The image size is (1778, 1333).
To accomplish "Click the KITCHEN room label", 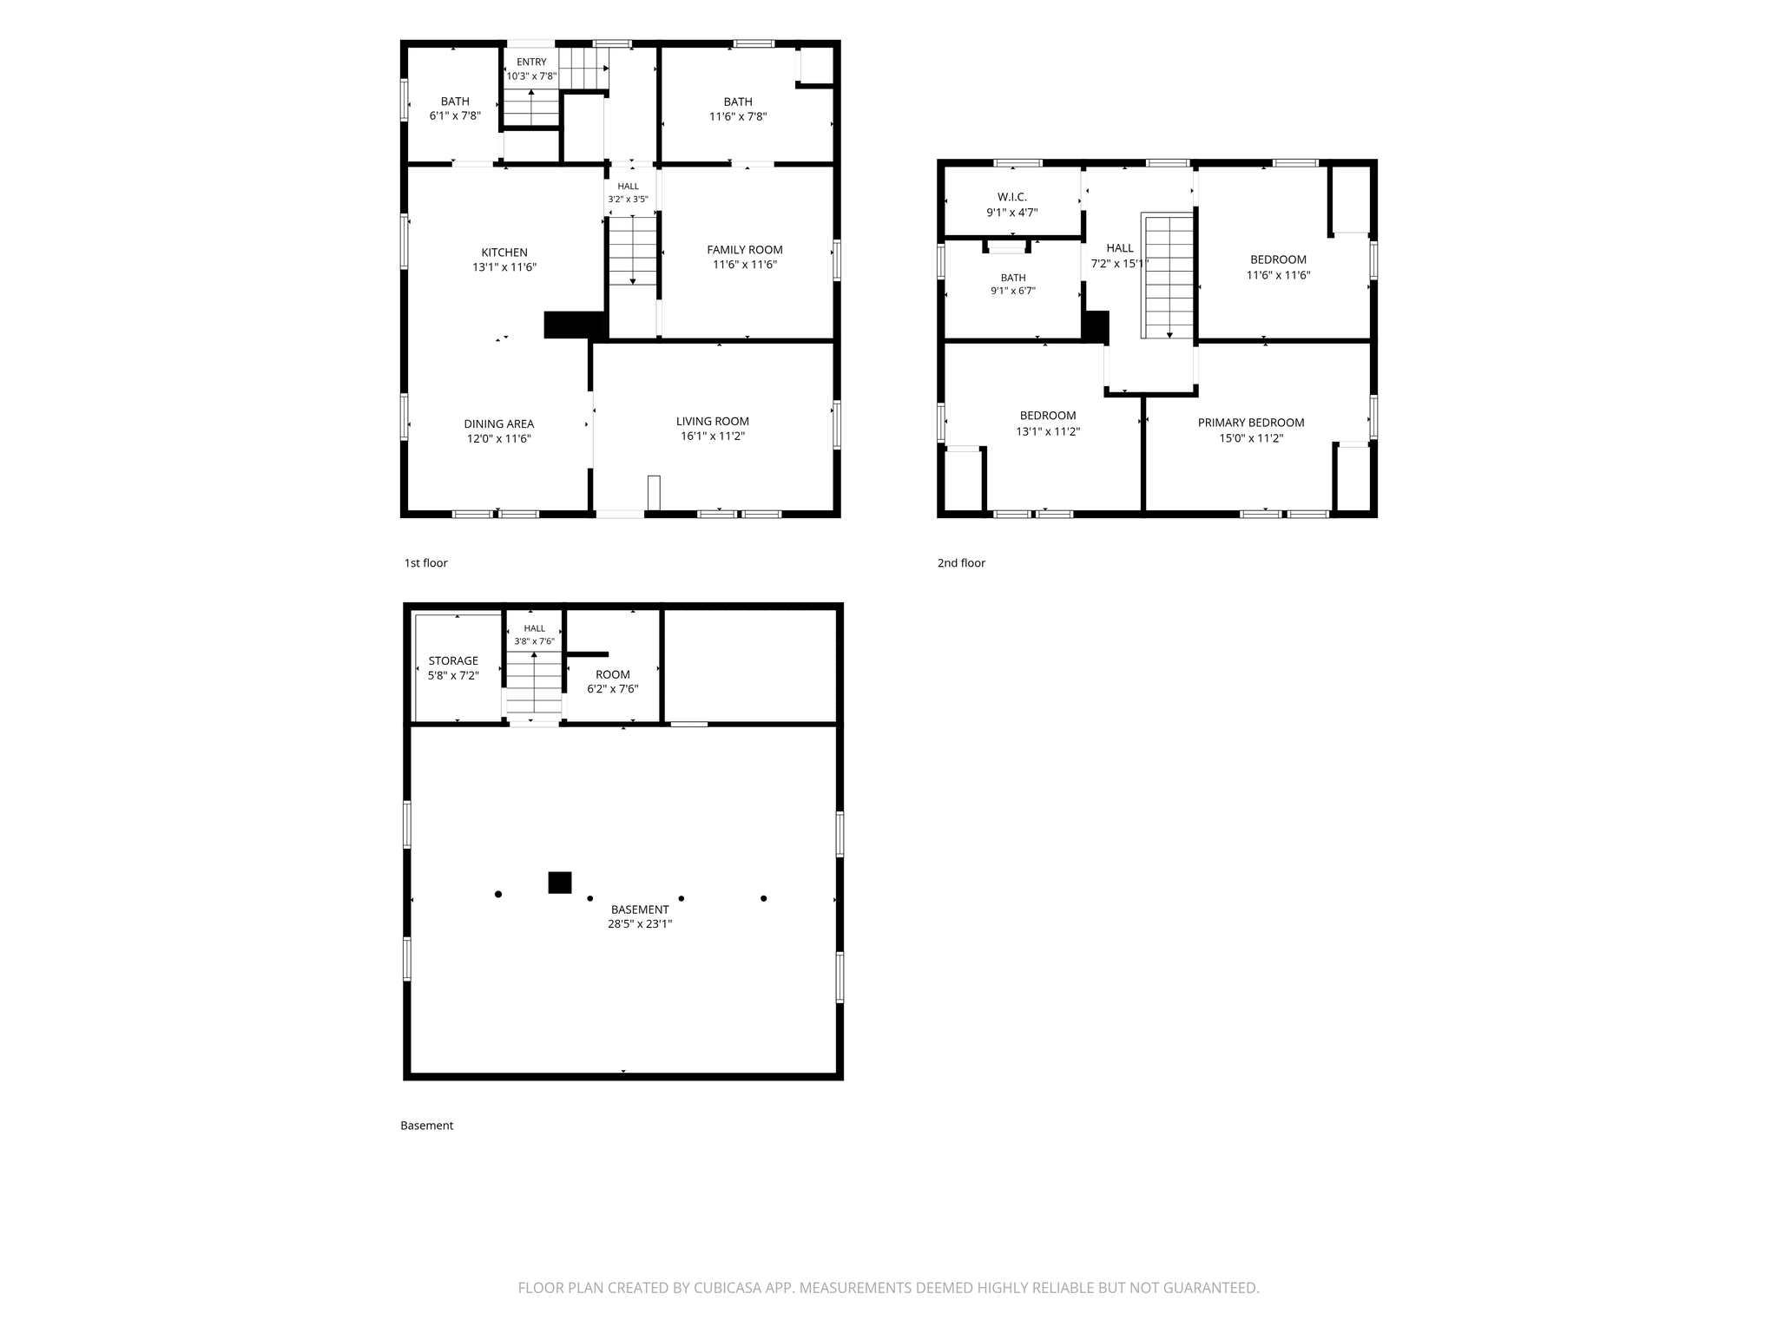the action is (504, 253).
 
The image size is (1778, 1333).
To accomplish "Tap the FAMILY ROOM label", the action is (745, 250).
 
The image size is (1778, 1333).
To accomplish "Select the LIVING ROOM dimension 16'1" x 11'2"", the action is (713, 437).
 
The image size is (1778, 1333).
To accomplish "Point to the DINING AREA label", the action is (499, 424).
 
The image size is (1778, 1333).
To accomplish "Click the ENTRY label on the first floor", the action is (532, 62).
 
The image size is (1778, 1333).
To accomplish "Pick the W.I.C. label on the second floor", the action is (1012, 197).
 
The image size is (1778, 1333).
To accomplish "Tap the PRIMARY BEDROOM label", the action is (1251, 423).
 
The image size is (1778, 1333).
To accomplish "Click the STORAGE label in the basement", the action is (453, 660).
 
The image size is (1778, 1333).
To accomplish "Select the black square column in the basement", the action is (560, 883).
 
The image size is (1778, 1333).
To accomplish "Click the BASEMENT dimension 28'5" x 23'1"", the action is (640, 924).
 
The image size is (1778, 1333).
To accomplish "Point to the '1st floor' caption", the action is (425, 563).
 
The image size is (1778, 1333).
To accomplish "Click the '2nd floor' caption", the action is (961, 563).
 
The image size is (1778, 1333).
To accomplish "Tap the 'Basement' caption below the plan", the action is (426, 1126).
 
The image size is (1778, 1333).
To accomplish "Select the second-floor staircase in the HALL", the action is (1169, 276).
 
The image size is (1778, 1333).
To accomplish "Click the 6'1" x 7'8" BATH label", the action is (455, 108).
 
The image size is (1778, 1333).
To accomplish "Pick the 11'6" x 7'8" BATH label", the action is (738, 108).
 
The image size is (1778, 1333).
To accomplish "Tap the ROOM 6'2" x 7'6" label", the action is (613, 681).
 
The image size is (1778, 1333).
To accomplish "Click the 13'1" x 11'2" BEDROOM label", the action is (1048, 424).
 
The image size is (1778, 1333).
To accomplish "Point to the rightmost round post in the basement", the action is (764, 898).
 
